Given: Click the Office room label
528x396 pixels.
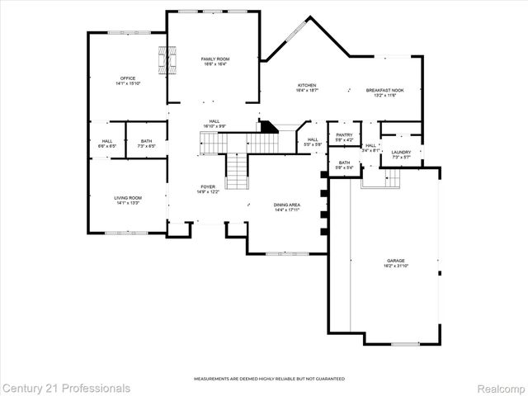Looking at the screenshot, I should click(x=128, y=81).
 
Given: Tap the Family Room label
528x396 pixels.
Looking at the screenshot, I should click(x=215, y=62).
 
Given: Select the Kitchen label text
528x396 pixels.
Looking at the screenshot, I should click(x=307, y=87).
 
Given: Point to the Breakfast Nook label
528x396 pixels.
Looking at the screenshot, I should click(x=384, y=92).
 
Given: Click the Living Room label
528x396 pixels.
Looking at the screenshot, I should click(x=128, y=200).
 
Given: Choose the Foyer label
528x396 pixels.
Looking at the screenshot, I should click(x=207, y=190).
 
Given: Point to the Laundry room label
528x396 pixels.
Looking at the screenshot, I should click(x=401, y=153).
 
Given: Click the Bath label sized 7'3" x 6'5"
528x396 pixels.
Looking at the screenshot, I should click(x=146, y=144).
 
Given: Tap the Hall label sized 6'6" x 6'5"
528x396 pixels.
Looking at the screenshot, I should click(x=107, y=144).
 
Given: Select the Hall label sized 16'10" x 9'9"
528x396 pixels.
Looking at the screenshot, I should click(x=214, y=124).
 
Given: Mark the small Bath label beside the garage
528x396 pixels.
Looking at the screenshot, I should click(x=344, y=165).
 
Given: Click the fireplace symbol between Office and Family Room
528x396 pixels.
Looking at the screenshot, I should click(x=167, y=60).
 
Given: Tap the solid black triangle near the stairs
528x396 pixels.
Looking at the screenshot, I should click(x=266, y=125).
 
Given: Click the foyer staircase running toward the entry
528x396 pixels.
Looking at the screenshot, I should click(x=237, y=172).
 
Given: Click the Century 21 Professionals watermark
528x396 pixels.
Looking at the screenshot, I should click(x=66, y=388).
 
